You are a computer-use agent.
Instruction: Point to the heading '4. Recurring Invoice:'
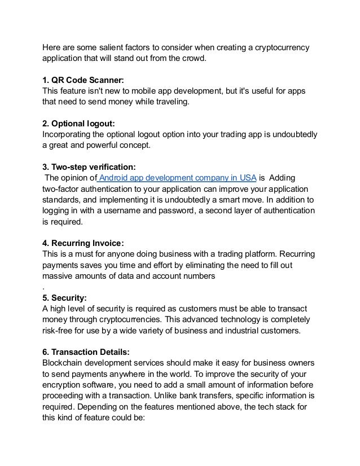point(83,244)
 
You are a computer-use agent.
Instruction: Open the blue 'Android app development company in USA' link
point(177,178)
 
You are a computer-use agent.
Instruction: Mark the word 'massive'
point(59,276)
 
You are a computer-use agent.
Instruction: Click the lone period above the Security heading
point(45,287)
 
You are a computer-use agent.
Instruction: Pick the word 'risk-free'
point(61,331)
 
